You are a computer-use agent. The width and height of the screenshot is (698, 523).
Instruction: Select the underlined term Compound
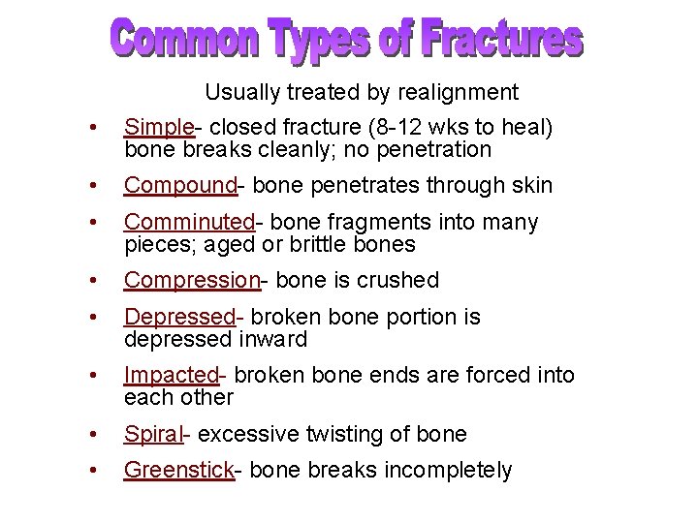point(179,185)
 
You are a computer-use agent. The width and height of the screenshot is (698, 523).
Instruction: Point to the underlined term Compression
point(191,280)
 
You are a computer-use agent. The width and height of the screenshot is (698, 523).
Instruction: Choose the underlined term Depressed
point(180,317)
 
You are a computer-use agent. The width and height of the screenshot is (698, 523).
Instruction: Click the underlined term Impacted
point(172,375)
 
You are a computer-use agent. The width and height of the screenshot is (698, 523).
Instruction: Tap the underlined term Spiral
point(152,433)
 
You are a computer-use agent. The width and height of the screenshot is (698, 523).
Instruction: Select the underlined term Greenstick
point(178,470)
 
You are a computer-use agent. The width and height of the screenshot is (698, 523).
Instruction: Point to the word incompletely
point(448,470)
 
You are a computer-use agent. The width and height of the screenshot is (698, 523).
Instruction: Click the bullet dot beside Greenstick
point(90,471)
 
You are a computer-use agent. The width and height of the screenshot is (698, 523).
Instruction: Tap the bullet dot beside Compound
point(90,186)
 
